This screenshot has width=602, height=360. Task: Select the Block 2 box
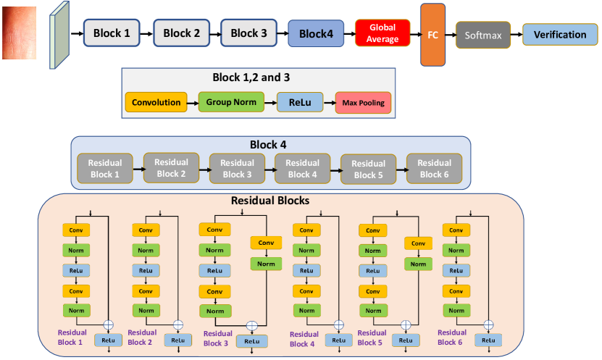(180, 33)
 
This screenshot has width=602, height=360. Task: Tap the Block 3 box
(249, 33)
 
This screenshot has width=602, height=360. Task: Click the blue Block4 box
(316, 33)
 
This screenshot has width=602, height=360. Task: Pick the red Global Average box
(382, 33)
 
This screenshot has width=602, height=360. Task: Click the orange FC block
(432, 34)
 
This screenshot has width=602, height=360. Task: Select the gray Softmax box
(483, 34)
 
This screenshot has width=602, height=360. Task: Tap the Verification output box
(560, 34)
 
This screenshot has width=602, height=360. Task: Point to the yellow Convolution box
(156, 102)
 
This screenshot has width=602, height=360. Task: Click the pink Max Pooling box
(363, 103)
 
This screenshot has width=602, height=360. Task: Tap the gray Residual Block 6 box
(434, 169)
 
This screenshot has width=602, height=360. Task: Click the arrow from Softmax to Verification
(517, 34)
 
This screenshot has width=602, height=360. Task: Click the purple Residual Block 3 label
(218, 339)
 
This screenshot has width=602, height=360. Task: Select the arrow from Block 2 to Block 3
(214, 33)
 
